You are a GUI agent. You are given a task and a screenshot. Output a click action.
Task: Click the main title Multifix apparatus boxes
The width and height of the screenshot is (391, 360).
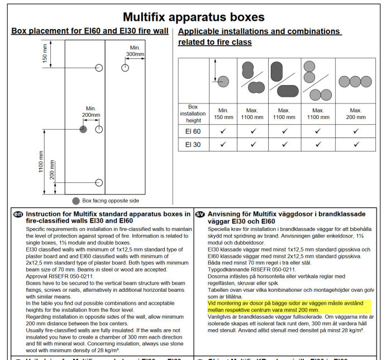tap(193, 17)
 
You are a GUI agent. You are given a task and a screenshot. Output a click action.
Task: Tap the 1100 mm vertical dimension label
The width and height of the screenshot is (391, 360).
tap(41, 162)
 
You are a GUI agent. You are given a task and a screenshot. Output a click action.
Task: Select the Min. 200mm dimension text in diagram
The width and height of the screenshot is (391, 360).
tap(91, 112)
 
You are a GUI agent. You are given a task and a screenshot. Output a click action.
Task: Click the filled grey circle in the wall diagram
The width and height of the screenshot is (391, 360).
tap(83, 129)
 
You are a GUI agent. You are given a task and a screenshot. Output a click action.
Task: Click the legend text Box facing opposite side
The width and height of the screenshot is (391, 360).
tap(110, 201)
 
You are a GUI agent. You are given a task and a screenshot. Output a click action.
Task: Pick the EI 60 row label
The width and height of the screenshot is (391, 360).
tap(192, 131)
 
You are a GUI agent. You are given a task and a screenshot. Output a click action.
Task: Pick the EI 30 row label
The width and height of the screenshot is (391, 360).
tap(192, 145)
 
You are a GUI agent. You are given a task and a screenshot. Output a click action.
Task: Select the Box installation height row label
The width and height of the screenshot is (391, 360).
tap(193, 113)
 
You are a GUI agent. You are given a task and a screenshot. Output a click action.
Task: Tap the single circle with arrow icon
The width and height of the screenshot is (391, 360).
tap(223, 78)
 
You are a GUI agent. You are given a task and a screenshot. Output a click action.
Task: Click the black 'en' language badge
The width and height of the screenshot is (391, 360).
tap(18, 214)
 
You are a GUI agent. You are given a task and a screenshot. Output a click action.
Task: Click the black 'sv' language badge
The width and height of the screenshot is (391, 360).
tap(200, 214)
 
